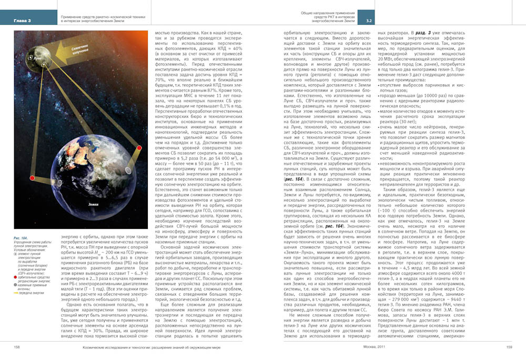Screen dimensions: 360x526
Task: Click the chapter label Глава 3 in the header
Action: (x=22, y=21)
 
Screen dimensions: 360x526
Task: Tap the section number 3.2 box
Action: (x=369, y=21)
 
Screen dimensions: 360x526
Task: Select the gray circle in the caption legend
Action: (x=16, y=272)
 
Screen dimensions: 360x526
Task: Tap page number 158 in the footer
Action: (x=17, y=347)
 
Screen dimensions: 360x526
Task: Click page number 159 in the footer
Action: (x=509, y=347)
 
